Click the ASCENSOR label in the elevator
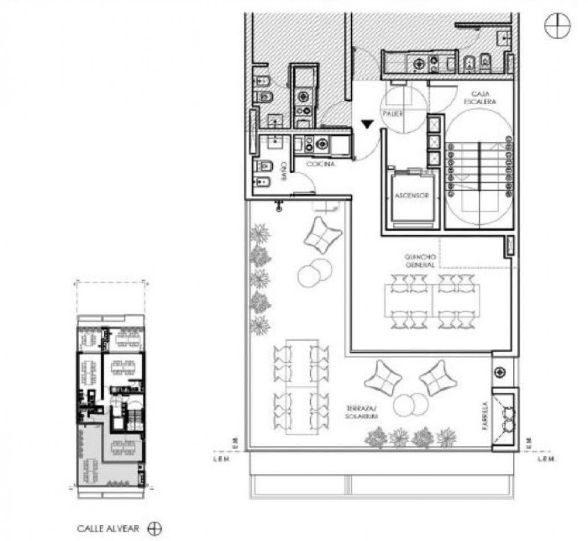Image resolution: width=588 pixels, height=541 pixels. click(411, 196)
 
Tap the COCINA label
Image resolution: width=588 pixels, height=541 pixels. click(320, 164)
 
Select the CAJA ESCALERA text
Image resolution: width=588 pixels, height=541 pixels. click(484, 97)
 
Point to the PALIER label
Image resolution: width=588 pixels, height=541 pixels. click(393, 114)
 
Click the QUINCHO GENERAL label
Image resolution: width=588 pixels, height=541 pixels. click(420, 261)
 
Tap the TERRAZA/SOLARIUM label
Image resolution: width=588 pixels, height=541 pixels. click(363, 413)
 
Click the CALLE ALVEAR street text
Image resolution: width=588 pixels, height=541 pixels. click(108, 528)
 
